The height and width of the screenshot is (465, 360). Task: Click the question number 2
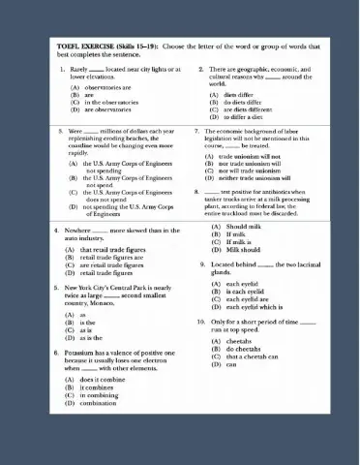tap(200, 70)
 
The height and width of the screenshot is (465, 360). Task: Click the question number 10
tap(199, 322)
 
